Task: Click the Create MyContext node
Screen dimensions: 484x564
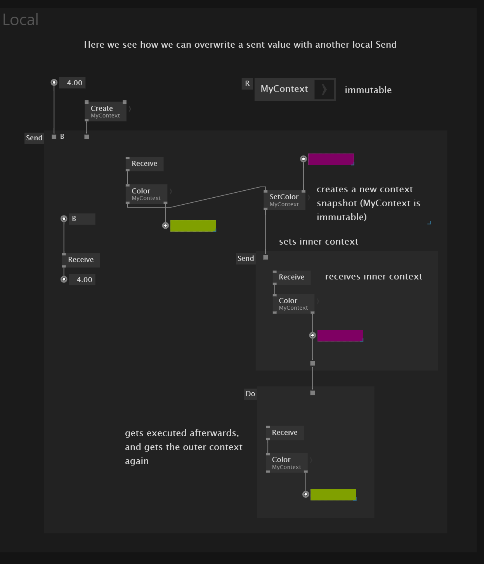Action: [106, 111]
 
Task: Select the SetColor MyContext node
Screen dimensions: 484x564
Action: [284, 200]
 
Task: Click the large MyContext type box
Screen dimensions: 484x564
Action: [295, 90]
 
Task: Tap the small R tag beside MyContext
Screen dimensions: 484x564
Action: [247, 83]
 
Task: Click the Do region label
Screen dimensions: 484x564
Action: [250, 394]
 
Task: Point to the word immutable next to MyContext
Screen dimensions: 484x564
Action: [368, 90]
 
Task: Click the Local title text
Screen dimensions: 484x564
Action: [21, 20]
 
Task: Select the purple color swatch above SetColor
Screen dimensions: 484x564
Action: [331, 159]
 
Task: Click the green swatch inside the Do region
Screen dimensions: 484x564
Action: [333, 495]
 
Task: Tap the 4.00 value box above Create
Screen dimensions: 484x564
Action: [73, 83]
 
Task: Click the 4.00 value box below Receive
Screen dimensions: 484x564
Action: [82, 280]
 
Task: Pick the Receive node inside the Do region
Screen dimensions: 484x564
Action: [285, 433]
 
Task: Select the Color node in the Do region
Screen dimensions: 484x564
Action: [287, 463]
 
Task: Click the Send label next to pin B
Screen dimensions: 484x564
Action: [34, 138]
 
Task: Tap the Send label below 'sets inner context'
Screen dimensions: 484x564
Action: [246, 259]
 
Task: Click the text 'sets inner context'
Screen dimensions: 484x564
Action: [318, 242]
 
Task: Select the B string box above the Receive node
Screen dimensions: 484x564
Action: [82, 219]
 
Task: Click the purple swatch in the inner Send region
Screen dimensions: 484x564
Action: [340, 336]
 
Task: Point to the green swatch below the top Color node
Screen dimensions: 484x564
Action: [193, 226]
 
